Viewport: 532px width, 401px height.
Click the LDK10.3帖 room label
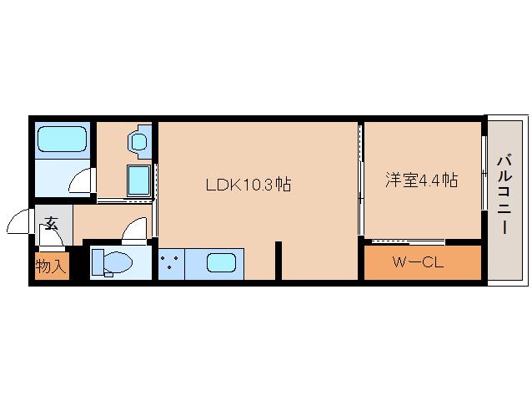248,184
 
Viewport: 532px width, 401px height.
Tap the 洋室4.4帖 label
421,180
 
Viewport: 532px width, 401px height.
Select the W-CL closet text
417,263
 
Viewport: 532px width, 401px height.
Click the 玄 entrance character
52,223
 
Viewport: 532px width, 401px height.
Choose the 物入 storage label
50,266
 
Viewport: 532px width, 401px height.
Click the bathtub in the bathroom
62,138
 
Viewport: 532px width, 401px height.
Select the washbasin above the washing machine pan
138,140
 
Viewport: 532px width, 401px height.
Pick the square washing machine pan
138,179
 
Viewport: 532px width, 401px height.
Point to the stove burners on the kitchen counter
171,262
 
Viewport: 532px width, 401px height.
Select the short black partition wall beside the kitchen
279,260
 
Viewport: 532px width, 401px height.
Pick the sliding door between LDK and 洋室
360,180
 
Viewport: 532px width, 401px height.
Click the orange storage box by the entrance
51,266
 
